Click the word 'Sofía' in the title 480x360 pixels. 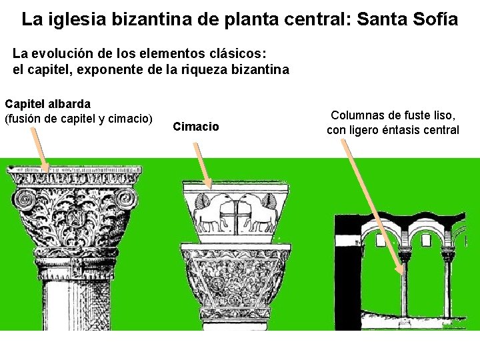(435, 19)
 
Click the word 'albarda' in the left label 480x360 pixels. (68, 104)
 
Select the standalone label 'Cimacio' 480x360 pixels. (195, 127)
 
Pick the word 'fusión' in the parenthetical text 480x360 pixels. (28, 119)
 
